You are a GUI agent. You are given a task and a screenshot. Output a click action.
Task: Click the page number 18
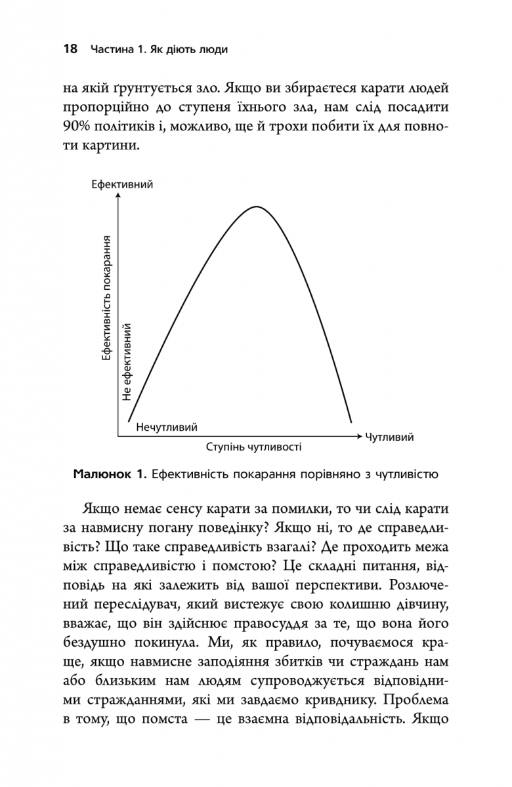[x=70, y=49]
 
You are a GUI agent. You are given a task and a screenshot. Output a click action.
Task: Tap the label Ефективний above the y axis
[x=123, y=185]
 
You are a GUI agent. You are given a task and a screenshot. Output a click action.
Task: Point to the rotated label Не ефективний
[x=128, y=361]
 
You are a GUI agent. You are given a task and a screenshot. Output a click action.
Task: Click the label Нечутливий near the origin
[x=167, y=427]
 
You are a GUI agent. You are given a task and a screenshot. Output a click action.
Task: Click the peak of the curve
[x=255, y=207]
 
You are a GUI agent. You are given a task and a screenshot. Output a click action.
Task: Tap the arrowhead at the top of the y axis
[x=119, y=197]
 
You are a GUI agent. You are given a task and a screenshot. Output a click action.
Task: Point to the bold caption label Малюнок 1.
[x=110, y=473]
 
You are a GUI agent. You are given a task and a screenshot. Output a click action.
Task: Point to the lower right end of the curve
[x=351, y=422]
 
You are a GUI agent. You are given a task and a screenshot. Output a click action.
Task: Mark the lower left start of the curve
[x=128, y=420]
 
